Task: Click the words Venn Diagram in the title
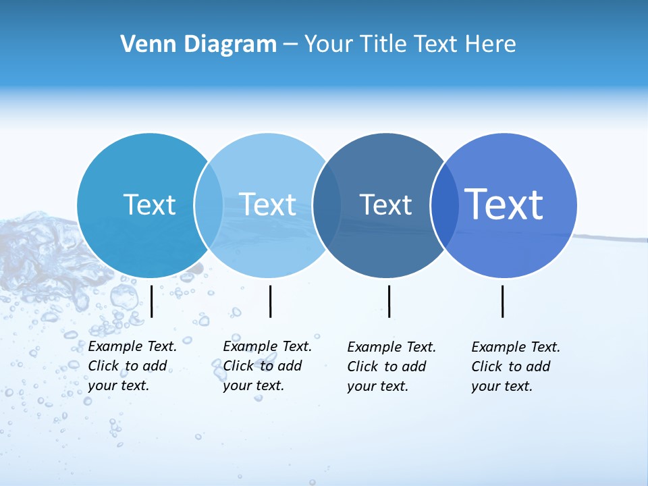[198, 44]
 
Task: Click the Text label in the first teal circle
[149, 205]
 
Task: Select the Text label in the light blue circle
[267, 205]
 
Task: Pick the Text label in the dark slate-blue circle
[385, 205]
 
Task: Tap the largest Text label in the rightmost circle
[504, 204]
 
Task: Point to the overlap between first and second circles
[209, 205]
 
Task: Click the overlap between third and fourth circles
[445, 205]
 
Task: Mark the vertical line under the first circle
[152, 301]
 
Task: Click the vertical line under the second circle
[270, 301]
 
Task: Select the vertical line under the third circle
[389, 301]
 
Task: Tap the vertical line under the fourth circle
[502, 301]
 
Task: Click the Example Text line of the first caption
[132, 346]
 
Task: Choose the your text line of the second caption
[253, 385]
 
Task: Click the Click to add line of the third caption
[387, 367]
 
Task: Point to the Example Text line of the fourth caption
[516, 347]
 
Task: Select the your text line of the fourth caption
[502, 386]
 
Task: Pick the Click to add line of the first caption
[128, 366]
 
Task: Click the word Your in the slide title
[329, 44]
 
